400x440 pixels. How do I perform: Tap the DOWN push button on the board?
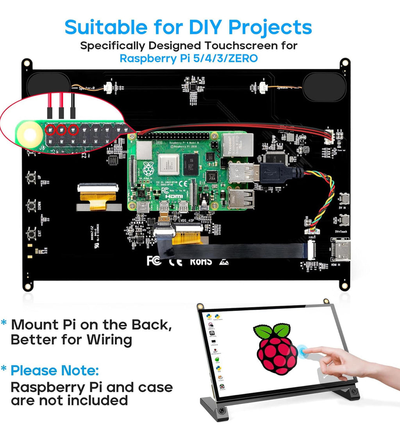[32, 205]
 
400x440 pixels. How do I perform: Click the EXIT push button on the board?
[32, 234]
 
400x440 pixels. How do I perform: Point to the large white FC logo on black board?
[154, 260]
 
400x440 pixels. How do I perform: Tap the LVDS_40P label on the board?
[189, 221]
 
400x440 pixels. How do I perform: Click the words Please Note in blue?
[54, 370]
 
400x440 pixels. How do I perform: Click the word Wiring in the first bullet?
[109, 339]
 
